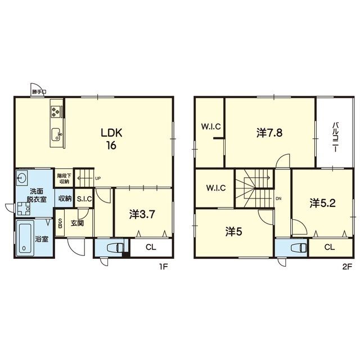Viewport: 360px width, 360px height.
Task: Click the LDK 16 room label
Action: pyautogui.click(x=111, y=139)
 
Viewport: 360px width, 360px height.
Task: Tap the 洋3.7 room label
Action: pyautogui.click(x=142, y=215)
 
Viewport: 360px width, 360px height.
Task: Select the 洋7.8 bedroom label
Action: pyautogui.click(x=269, y=133)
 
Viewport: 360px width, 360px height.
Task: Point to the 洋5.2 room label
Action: pyautogui.click(x=322, y=203)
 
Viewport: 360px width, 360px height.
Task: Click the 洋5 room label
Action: pyautogui.click(x=234, y=232)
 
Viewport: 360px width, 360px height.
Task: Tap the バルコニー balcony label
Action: pyautogui.click(x=336, y=137)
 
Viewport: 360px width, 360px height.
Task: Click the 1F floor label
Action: pyautogui.click(x=164, y=267)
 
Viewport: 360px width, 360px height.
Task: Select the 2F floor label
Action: pyautogui.click(x=347, y=267)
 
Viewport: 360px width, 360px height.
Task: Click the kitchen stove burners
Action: pyautogui.click(x=56, y=112)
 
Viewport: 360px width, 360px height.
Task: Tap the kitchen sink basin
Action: pyautogui.click(x=56, y=134)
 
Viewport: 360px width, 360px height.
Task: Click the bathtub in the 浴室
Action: pyautogui.click(x=25, y=237)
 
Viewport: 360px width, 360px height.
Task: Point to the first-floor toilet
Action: pyautogui.click(x=115, y=247)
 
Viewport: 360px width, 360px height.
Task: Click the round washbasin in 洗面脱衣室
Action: pyautogui.click(x=22, y=178)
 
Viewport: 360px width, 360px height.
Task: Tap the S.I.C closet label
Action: pyautogui.click(x=84, y=199)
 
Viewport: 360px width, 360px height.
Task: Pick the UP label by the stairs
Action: pyautogui.click(x=98, y=178)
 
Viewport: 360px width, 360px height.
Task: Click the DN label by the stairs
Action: pyautogui.click(x=278, y=199)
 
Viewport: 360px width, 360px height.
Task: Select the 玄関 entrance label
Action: pyautogui.click(x=77, y=223)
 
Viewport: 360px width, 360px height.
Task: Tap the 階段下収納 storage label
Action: pyautogui.click(x=64, y=179)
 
